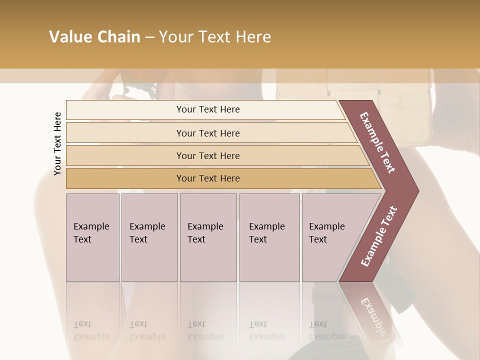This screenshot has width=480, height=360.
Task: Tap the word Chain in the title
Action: [119, 37]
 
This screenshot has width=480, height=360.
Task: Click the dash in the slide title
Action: [149, 37]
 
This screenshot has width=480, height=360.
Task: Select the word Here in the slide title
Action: [253, 37]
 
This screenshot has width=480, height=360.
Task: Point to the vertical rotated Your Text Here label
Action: [57, 143]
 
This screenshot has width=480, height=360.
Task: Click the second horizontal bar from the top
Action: [208, 133]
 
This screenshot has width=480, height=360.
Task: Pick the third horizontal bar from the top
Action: [208, 155]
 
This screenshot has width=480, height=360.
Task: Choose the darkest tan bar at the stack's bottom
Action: [208, 178]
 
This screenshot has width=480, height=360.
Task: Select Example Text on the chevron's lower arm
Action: [378, 236]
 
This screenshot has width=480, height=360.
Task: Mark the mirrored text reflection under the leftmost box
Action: [91, 330]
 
